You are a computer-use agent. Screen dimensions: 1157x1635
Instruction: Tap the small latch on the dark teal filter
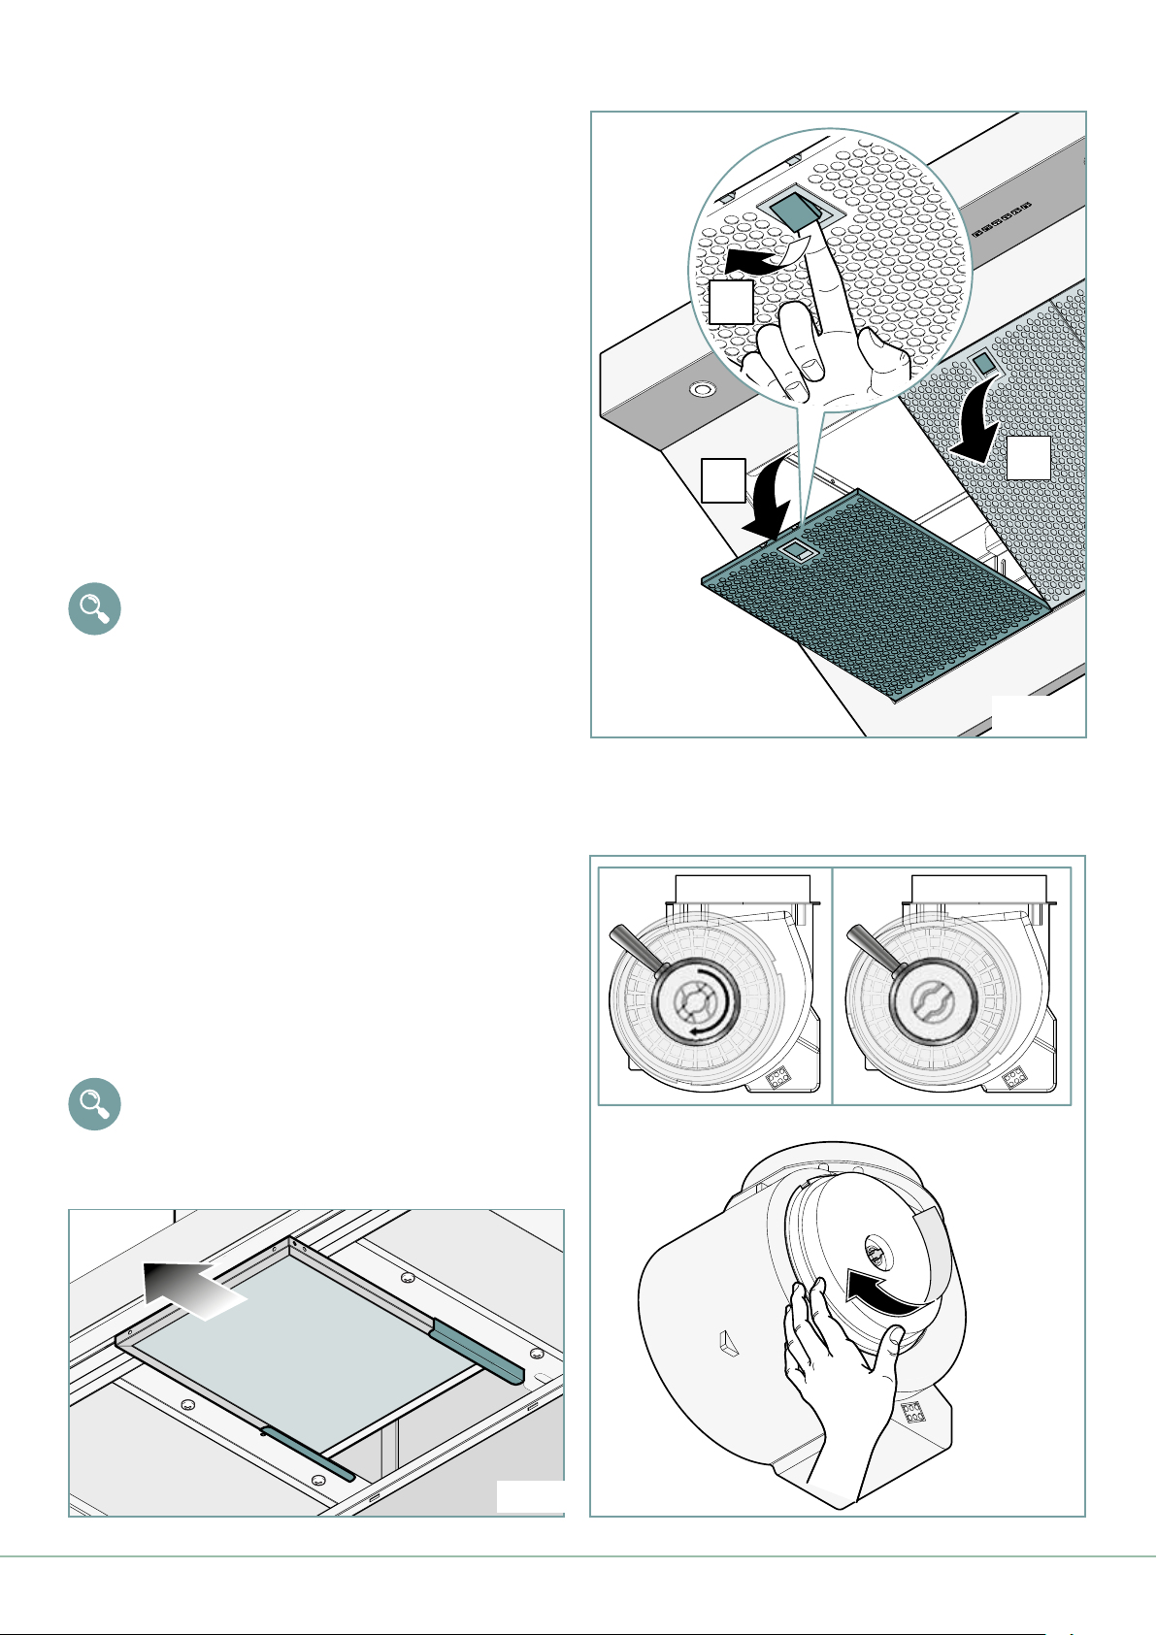[797, 551]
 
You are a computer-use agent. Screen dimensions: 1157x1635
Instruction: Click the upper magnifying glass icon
[94, 609]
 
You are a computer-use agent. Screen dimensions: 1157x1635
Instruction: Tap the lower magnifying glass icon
[94, 1103]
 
